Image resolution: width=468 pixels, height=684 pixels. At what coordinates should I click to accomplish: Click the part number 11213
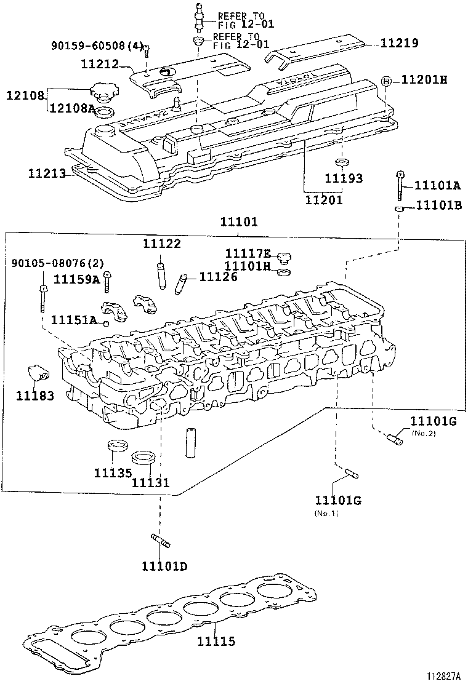point(46,173)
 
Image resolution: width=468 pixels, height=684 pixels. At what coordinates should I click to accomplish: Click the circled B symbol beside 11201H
point(386,81)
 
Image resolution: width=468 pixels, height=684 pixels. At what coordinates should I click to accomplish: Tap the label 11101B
point(438,205)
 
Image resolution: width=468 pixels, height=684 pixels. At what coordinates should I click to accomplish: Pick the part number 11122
point(162,244)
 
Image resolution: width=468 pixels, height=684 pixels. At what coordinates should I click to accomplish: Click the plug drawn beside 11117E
point(284,257)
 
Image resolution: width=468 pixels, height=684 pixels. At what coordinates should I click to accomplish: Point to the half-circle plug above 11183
point(36,373)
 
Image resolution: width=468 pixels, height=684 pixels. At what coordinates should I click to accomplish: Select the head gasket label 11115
point(216,642)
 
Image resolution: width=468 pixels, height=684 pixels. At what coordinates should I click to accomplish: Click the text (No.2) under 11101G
point(424,433)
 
